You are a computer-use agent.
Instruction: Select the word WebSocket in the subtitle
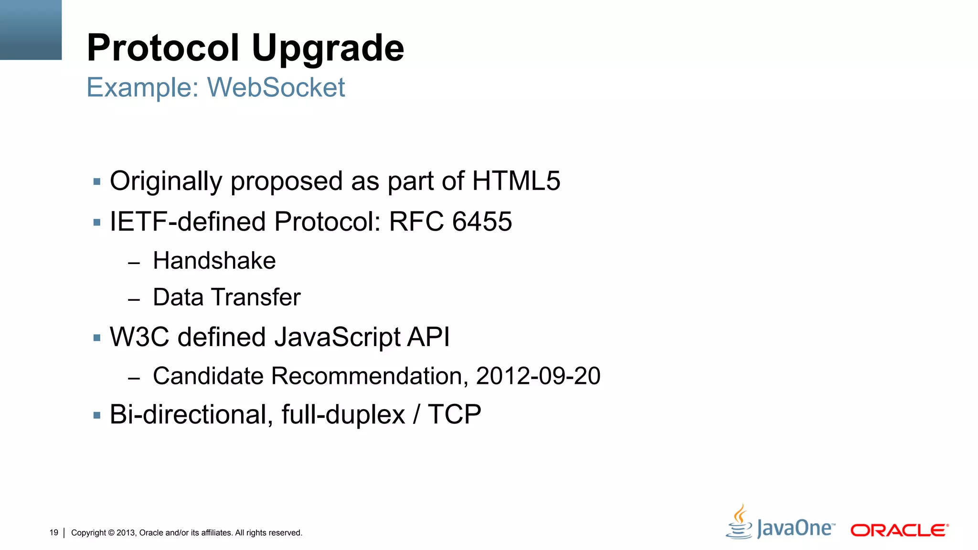click(276, 87)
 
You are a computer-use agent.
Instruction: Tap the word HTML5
click(516, 181)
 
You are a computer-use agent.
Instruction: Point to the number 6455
click(482, 222)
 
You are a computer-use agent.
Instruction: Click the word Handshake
click(214, 261)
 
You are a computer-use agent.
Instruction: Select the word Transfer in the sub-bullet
click(256, 297)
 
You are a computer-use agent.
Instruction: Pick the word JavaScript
click(338, 337)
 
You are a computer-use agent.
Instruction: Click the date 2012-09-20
click(538, 376)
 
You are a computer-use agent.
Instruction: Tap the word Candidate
click(208, 376)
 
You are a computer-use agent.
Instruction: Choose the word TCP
click(454, 414)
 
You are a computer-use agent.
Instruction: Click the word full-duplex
click(343, 414)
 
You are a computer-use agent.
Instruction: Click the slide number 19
click(53, 532)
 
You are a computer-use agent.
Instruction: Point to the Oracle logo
click(899, 530)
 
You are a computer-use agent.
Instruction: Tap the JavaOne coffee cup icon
click(740, 523)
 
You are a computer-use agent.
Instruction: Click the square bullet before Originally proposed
click(97, 181)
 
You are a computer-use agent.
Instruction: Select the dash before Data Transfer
click(134, 299)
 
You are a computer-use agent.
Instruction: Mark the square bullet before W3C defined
click(97, 338)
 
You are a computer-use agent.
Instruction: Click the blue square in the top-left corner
click(31, 30)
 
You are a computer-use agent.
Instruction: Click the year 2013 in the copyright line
click(126, 533)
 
